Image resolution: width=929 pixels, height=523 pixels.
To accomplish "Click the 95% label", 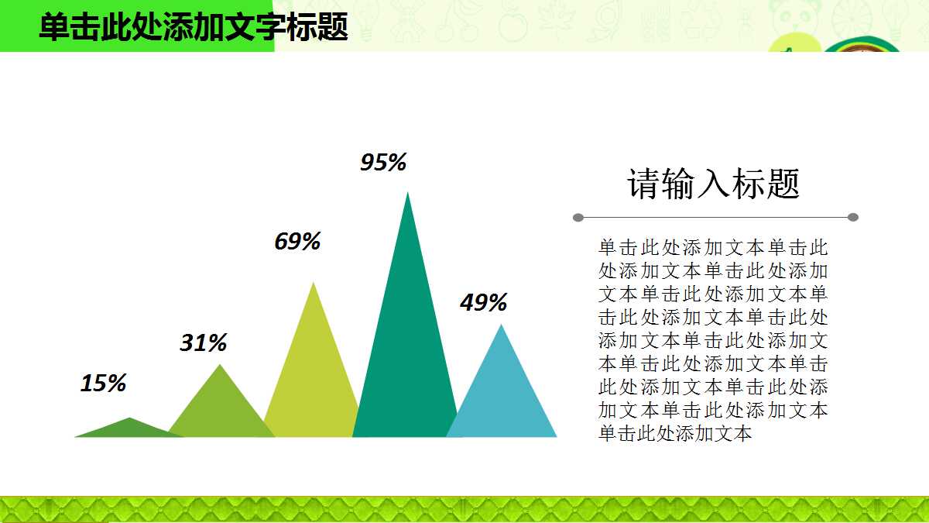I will point(383,163).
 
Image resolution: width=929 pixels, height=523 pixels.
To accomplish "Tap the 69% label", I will point(297,242).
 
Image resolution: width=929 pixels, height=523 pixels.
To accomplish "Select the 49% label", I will point(483,303).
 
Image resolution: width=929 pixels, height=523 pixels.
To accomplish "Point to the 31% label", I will point(203,343).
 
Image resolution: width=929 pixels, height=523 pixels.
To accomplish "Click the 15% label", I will point(103,384).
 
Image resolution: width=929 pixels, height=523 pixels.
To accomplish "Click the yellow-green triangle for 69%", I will point(312,372).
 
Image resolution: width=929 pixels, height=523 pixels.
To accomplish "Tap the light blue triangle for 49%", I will point(502,395).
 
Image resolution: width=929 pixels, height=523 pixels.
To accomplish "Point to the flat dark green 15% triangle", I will point(129,429).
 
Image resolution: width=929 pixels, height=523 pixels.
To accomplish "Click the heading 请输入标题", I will point(713,184).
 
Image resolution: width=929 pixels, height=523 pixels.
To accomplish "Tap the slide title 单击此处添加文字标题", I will point(194,27).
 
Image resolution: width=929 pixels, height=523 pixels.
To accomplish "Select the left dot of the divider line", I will point(578,218).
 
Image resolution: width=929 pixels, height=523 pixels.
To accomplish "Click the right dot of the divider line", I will point(853,218).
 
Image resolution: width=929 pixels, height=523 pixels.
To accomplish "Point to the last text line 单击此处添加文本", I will point(675,434).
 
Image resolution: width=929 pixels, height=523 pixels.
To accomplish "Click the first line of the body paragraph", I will point(713,248).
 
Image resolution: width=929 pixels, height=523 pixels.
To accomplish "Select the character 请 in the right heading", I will point(643,184).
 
